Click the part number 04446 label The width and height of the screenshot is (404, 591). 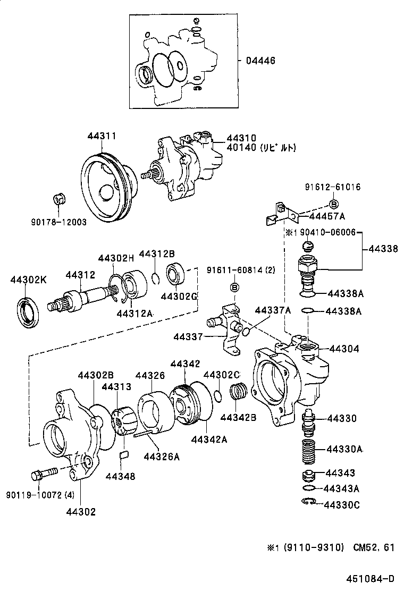click(x=260, y=61)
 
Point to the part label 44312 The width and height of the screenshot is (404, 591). click(x=80, y=275)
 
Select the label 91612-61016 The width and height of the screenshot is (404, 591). click(x=333, y=187)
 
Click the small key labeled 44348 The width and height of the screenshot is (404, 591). click(x=124, y=454)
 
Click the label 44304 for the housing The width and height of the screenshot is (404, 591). click(x=344, y=349)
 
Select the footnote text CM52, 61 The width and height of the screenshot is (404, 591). click(x=374, y=547)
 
